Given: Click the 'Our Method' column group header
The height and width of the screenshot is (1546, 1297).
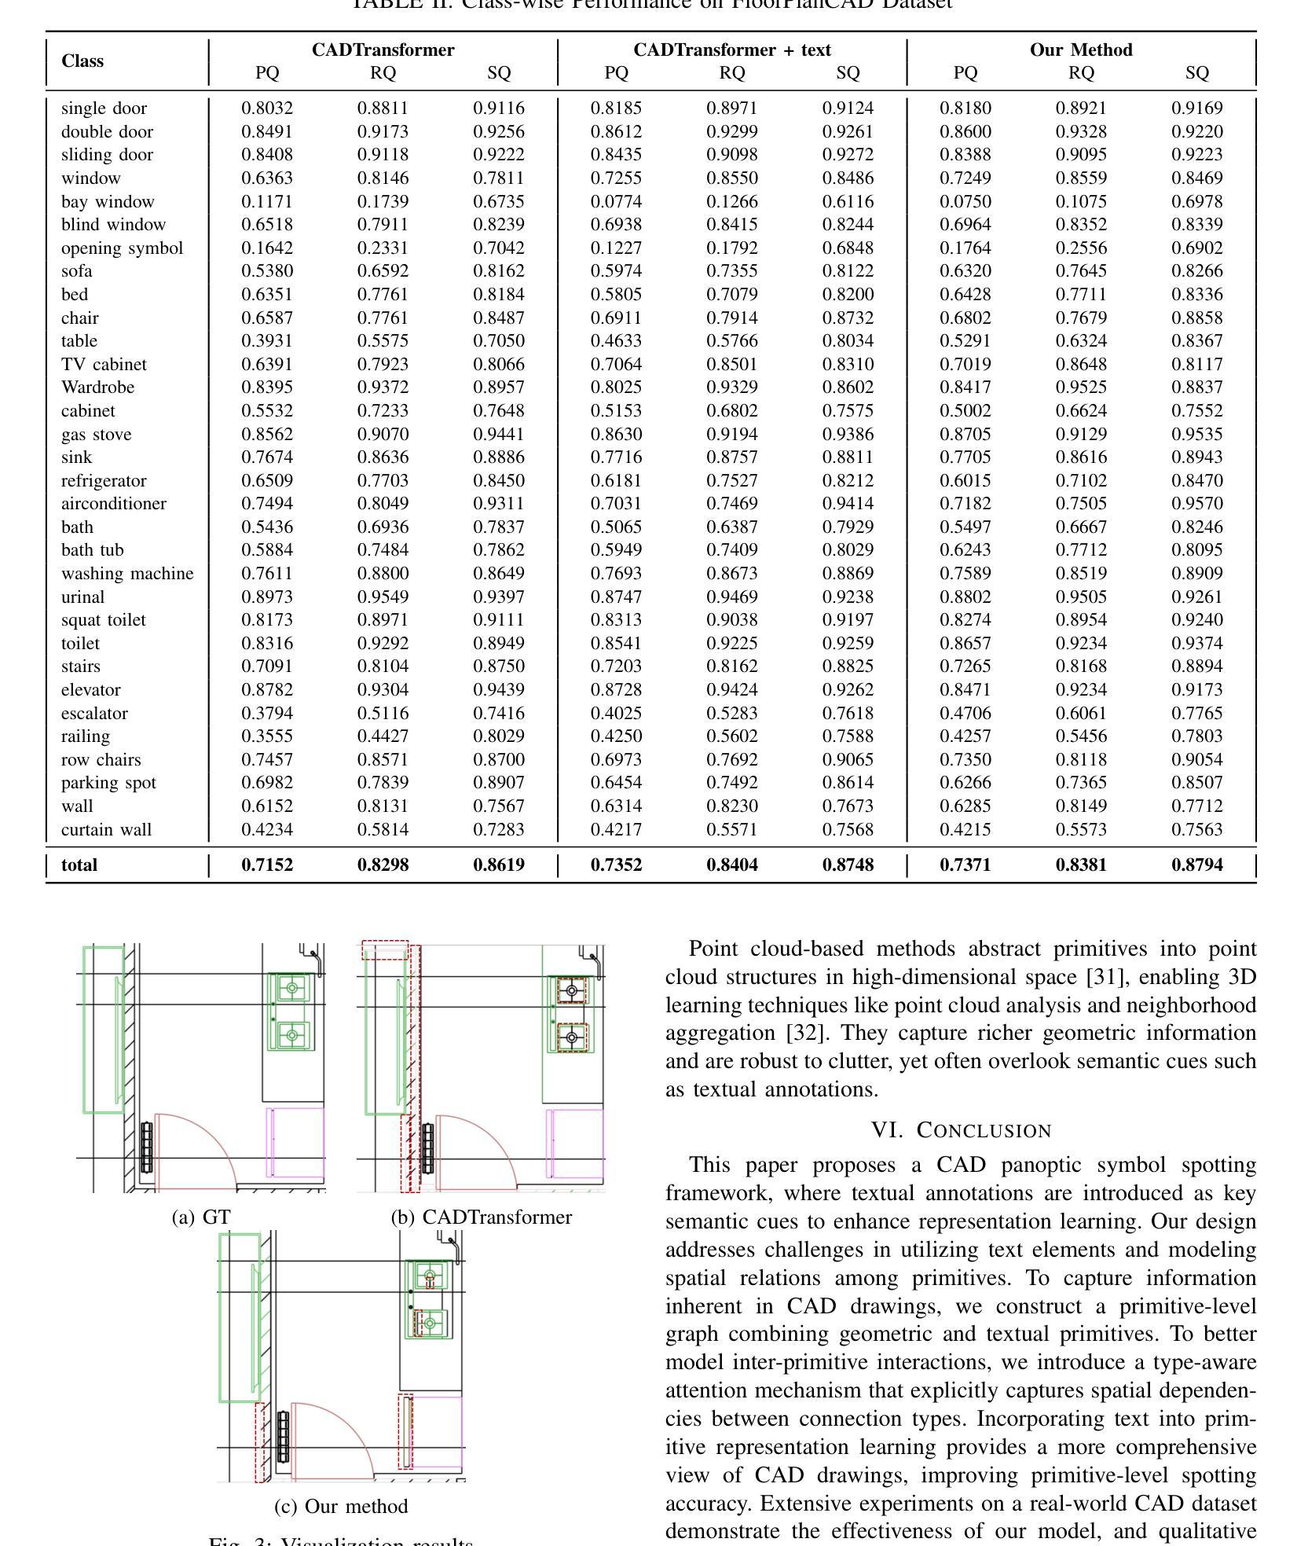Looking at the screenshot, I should tap(1081, 50).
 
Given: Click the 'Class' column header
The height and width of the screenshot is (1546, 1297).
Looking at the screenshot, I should tap(82, 61).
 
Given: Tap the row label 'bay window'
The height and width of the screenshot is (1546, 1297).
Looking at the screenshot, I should tap(108, 202).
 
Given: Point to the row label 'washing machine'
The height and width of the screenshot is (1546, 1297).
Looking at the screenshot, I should tap(127, 574).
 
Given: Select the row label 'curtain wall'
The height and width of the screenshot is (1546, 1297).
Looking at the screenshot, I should tap(106, 830).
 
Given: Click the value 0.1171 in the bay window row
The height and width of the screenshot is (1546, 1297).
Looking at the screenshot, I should tap(267, 202).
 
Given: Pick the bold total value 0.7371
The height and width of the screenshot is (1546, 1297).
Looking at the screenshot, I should tap(965, 865).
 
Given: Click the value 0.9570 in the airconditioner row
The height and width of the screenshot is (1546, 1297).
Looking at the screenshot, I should tap(1196, 504).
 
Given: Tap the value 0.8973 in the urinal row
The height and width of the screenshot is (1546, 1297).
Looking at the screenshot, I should tap(267, 597).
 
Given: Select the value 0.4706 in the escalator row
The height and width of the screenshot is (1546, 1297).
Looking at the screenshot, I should tap(965, 714).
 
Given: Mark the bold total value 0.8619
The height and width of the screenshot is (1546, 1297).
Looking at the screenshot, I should tap(499, 865).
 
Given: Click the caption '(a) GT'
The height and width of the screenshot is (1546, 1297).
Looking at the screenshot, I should tap(201, 1217).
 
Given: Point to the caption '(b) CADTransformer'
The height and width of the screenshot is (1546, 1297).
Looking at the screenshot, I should tap(482, 1217).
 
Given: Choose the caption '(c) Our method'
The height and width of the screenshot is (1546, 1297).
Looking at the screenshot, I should tap(341, 1507).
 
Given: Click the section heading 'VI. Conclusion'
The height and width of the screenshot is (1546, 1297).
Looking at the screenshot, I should tap(961, 1130).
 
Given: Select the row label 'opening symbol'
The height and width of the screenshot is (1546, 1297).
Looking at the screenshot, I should tap(122, 248).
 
